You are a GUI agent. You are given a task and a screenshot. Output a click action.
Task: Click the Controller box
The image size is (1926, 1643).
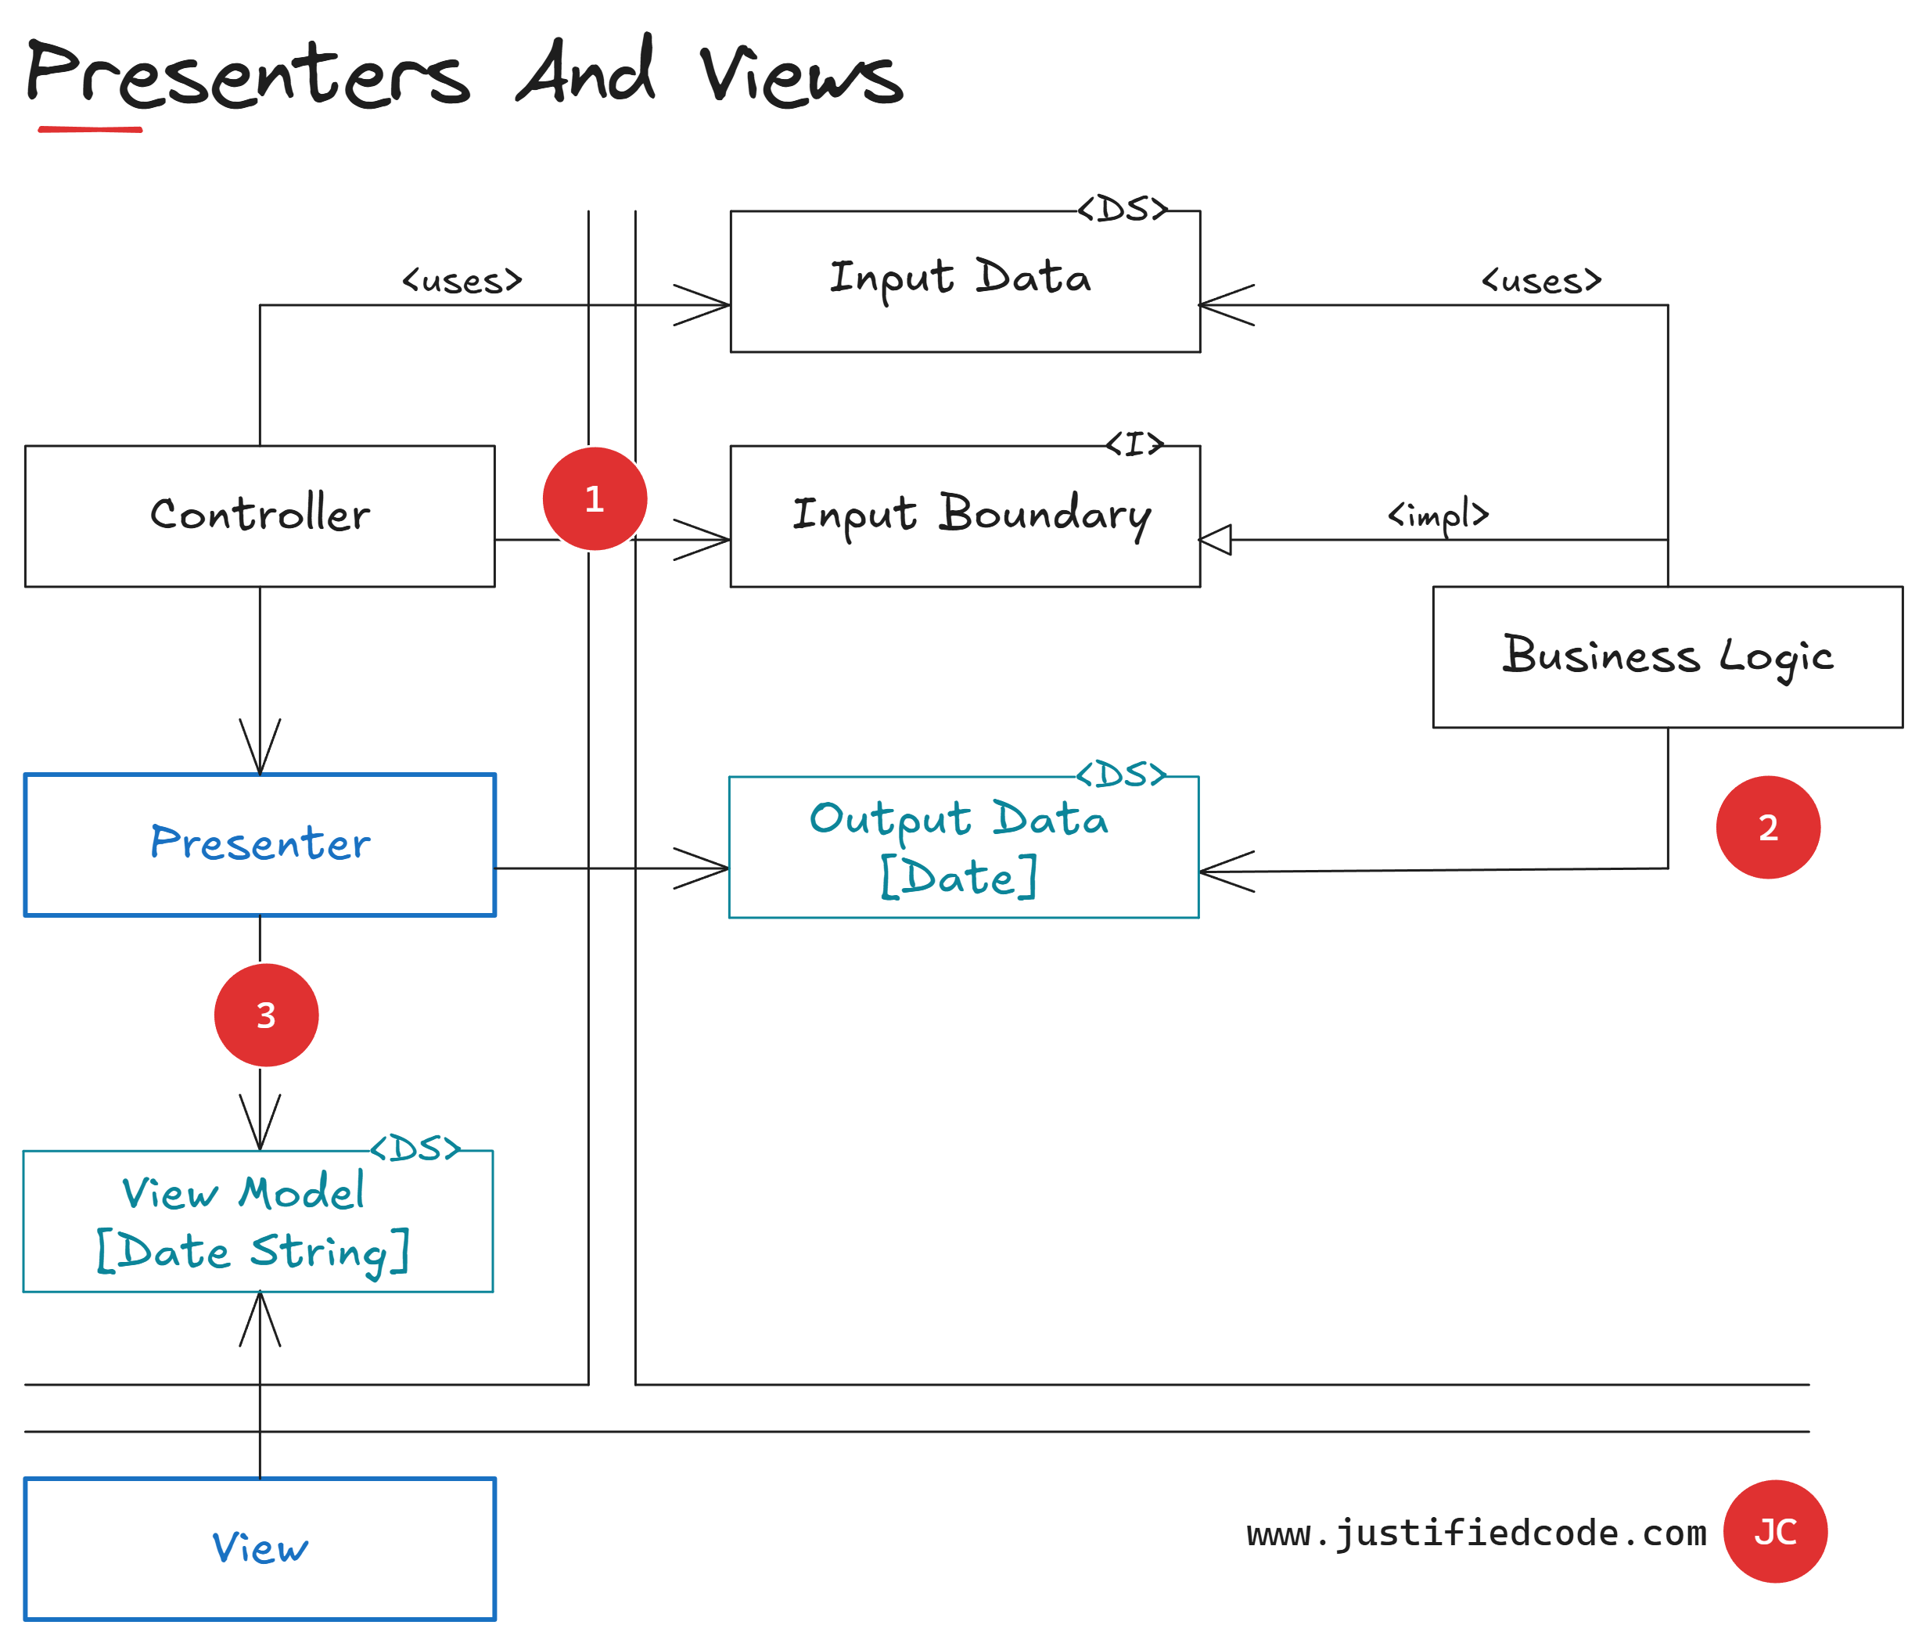260,516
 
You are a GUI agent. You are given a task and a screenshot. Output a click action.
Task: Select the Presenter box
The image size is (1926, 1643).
260,844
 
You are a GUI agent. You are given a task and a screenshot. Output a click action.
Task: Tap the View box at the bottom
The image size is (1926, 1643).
260,1548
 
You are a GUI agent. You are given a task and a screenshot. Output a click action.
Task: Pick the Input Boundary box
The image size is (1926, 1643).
965,516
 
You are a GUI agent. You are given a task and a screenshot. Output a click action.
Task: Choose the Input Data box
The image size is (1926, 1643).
965,281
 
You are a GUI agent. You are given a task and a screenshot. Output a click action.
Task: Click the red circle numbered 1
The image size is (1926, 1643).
595,498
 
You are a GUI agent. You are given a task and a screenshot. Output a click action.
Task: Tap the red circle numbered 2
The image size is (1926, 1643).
1767,827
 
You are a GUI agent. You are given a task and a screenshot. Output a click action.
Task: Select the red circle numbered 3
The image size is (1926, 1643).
266,1015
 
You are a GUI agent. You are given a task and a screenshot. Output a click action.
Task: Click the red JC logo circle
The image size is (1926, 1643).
1774,1531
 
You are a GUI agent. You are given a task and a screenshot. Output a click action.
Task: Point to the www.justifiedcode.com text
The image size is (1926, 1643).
1476,1533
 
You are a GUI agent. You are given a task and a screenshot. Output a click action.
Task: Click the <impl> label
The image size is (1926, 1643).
1438,514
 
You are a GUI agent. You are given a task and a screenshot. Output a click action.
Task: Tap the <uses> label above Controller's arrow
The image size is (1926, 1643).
462,281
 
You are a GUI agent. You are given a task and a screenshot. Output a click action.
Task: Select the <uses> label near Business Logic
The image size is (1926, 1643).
1541,281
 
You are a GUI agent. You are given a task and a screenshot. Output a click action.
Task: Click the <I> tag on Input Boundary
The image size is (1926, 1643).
1135,444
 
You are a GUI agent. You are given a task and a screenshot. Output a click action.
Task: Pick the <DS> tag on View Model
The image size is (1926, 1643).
415,1149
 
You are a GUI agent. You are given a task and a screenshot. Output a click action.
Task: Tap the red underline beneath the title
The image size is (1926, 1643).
90,129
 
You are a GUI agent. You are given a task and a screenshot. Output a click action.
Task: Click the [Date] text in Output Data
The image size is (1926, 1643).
958,877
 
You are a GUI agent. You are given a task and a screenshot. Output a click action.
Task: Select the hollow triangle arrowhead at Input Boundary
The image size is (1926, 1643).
1216,539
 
